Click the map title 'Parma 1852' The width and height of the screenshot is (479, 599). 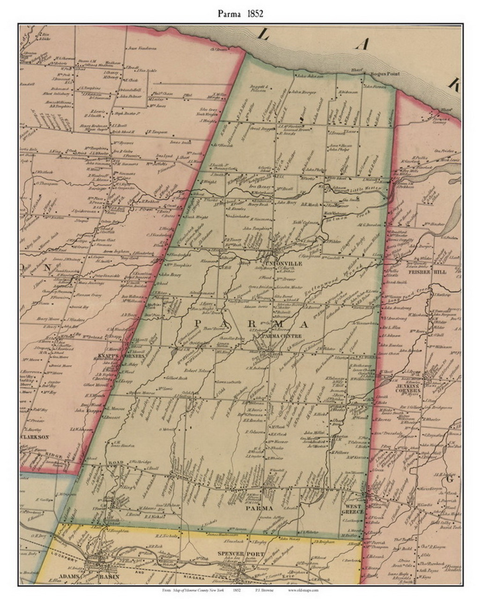point(240,14)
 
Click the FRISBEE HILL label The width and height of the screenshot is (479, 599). point(430,271)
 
